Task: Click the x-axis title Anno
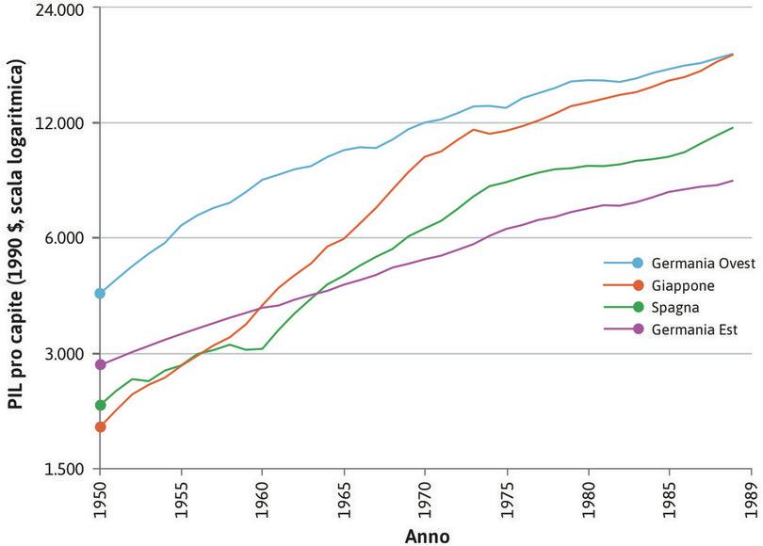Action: click(427, 536)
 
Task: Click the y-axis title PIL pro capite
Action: click(15, 235)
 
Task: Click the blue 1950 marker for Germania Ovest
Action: click(100, 293)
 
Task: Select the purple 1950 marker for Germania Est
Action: click(100, 364)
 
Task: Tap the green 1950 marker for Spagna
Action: click(100, 405)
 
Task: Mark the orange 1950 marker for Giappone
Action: click(100, 426)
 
